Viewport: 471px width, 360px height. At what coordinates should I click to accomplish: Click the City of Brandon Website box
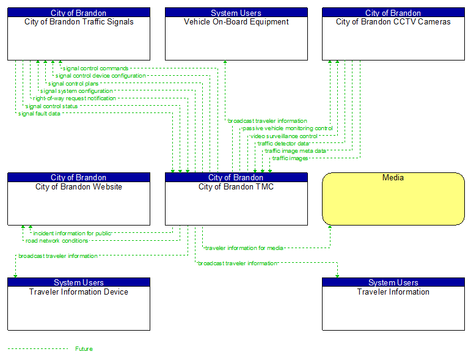(x=79, y=202)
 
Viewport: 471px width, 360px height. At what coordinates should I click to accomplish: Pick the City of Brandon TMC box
(x=236, y=202)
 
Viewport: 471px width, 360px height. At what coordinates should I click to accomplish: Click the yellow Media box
(x=393, y=199)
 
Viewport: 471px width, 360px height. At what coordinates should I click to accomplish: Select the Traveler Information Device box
(x=79, y=307)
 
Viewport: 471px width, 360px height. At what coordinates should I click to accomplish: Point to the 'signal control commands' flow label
(x=95, y=68)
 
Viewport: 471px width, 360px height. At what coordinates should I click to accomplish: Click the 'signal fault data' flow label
(x=39, y=114)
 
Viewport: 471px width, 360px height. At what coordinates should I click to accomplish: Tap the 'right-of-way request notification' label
(x=74, y=98)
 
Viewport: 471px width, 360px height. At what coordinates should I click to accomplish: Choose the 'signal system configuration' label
(x=76, y=91)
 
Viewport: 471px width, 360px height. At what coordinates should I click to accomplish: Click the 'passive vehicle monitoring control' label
(x=287, y=128)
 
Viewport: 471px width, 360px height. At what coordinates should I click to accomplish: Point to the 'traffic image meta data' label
(x=296, y=151)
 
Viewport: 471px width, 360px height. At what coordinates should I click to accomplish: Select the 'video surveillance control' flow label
(x=284, y=136)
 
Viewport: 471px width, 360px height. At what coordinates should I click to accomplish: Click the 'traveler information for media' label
(x=244, y=248)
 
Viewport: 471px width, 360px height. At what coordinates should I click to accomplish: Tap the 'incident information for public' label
(x=72, y=233)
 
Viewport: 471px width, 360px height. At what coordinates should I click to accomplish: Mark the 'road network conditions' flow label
(x=57, y=241)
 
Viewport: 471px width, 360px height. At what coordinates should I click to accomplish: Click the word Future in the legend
(x=84, y=349)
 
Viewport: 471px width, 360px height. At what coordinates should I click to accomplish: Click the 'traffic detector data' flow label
(x=288, y=144)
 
